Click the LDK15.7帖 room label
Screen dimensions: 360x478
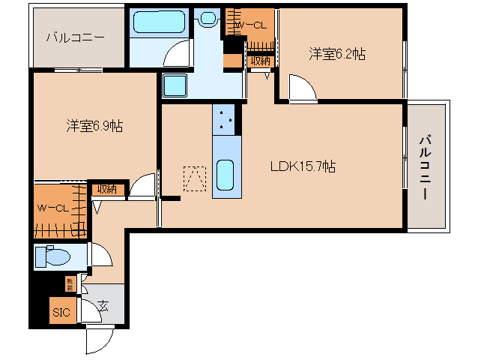point(303,166)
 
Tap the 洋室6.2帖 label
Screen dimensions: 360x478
point(337,54)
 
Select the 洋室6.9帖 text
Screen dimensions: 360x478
point(94,126)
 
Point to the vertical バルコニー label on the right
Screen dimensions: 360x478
point(425,166)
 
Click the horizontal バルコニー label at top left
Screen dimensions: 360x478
point(75,37)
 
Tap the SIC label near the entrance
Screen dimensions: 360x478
point(61,311)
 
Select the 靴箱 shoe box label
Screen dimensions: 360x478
point(69,283)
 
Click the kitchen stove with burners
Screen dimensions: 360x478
point(227,117)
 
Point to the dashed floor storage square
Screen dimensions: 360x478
point(196,177)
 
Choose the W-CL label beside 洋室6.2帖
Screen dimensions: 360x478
point(249,25)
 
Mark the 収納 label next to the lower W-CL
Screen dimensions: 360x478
point(106,189)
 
